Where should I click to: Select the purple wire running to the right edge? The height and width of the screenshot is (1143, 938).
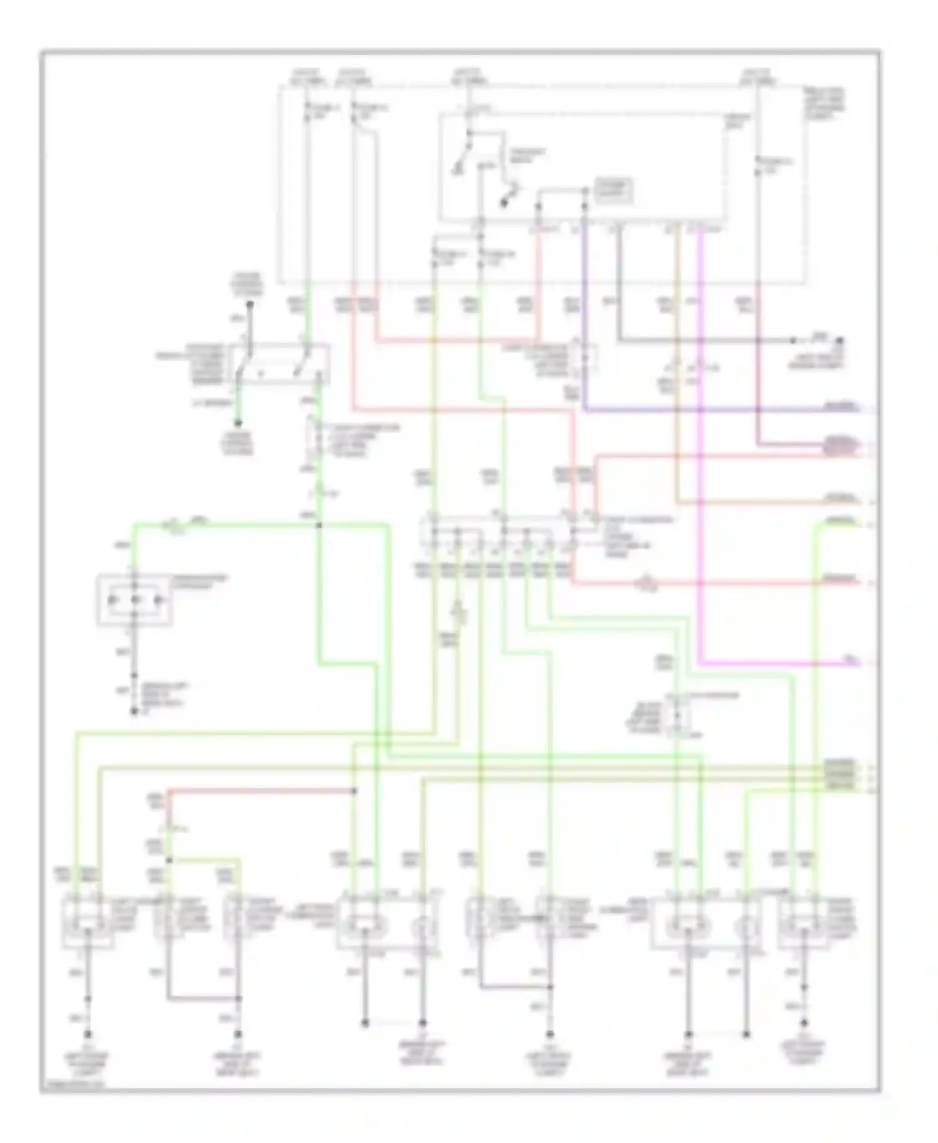[x=688, y=410]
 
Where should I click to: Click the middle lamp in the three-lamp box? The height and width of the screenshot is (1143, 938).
[x=134, y=601]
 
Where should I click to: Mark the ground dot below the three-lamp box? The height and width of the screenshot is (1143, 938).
[x=134, y=712]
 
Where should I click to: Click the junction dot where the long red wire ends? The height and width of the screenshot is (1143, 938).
[x=354, y=791]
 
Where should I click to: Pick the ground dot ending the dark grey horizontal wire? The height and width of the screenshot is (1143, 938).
[x=840, y=341]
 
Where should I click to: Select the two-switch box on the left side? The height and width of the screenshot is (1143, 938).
[x=280, y=363]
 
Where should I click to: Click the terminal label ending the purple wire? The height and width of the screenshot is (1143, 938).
[x=842, y=407]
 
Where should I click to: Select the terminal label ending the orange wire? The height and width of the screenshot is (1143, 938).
[x=840, y=498]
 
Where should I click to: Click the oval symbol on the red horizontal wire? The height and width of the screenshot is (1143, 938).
[x=644, y=584]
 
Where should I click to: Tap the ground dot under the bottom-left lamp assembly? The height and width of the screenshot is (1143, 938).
[x=88, y=1035]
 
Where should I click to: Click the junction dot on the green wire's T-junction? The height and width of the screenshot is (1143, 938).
[x=318, y=525]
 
